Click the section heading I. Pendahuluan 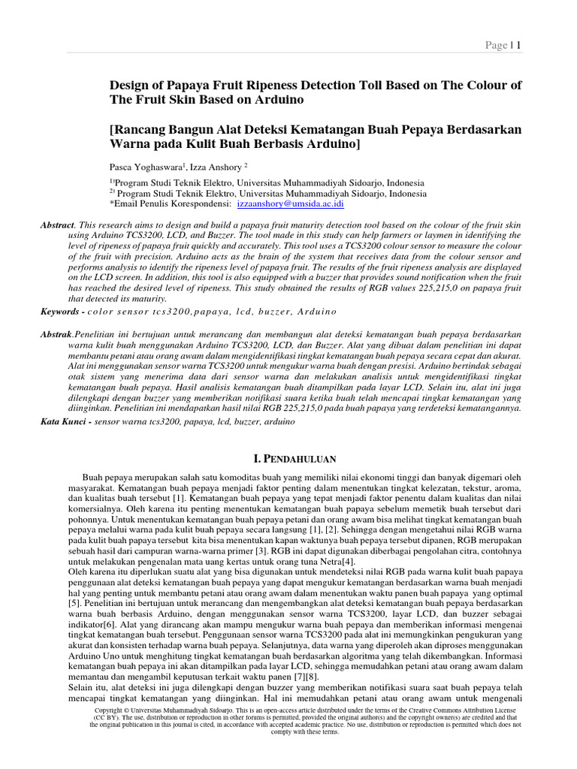point(288,458)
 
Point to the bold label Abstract point(57,225)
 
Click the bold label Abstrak point(57,334)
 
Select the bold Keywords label point(62,312)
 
